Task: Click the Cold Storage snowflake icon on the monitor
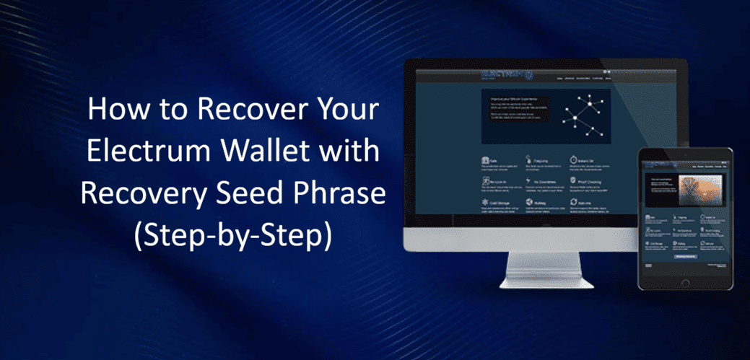(486, 206)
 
